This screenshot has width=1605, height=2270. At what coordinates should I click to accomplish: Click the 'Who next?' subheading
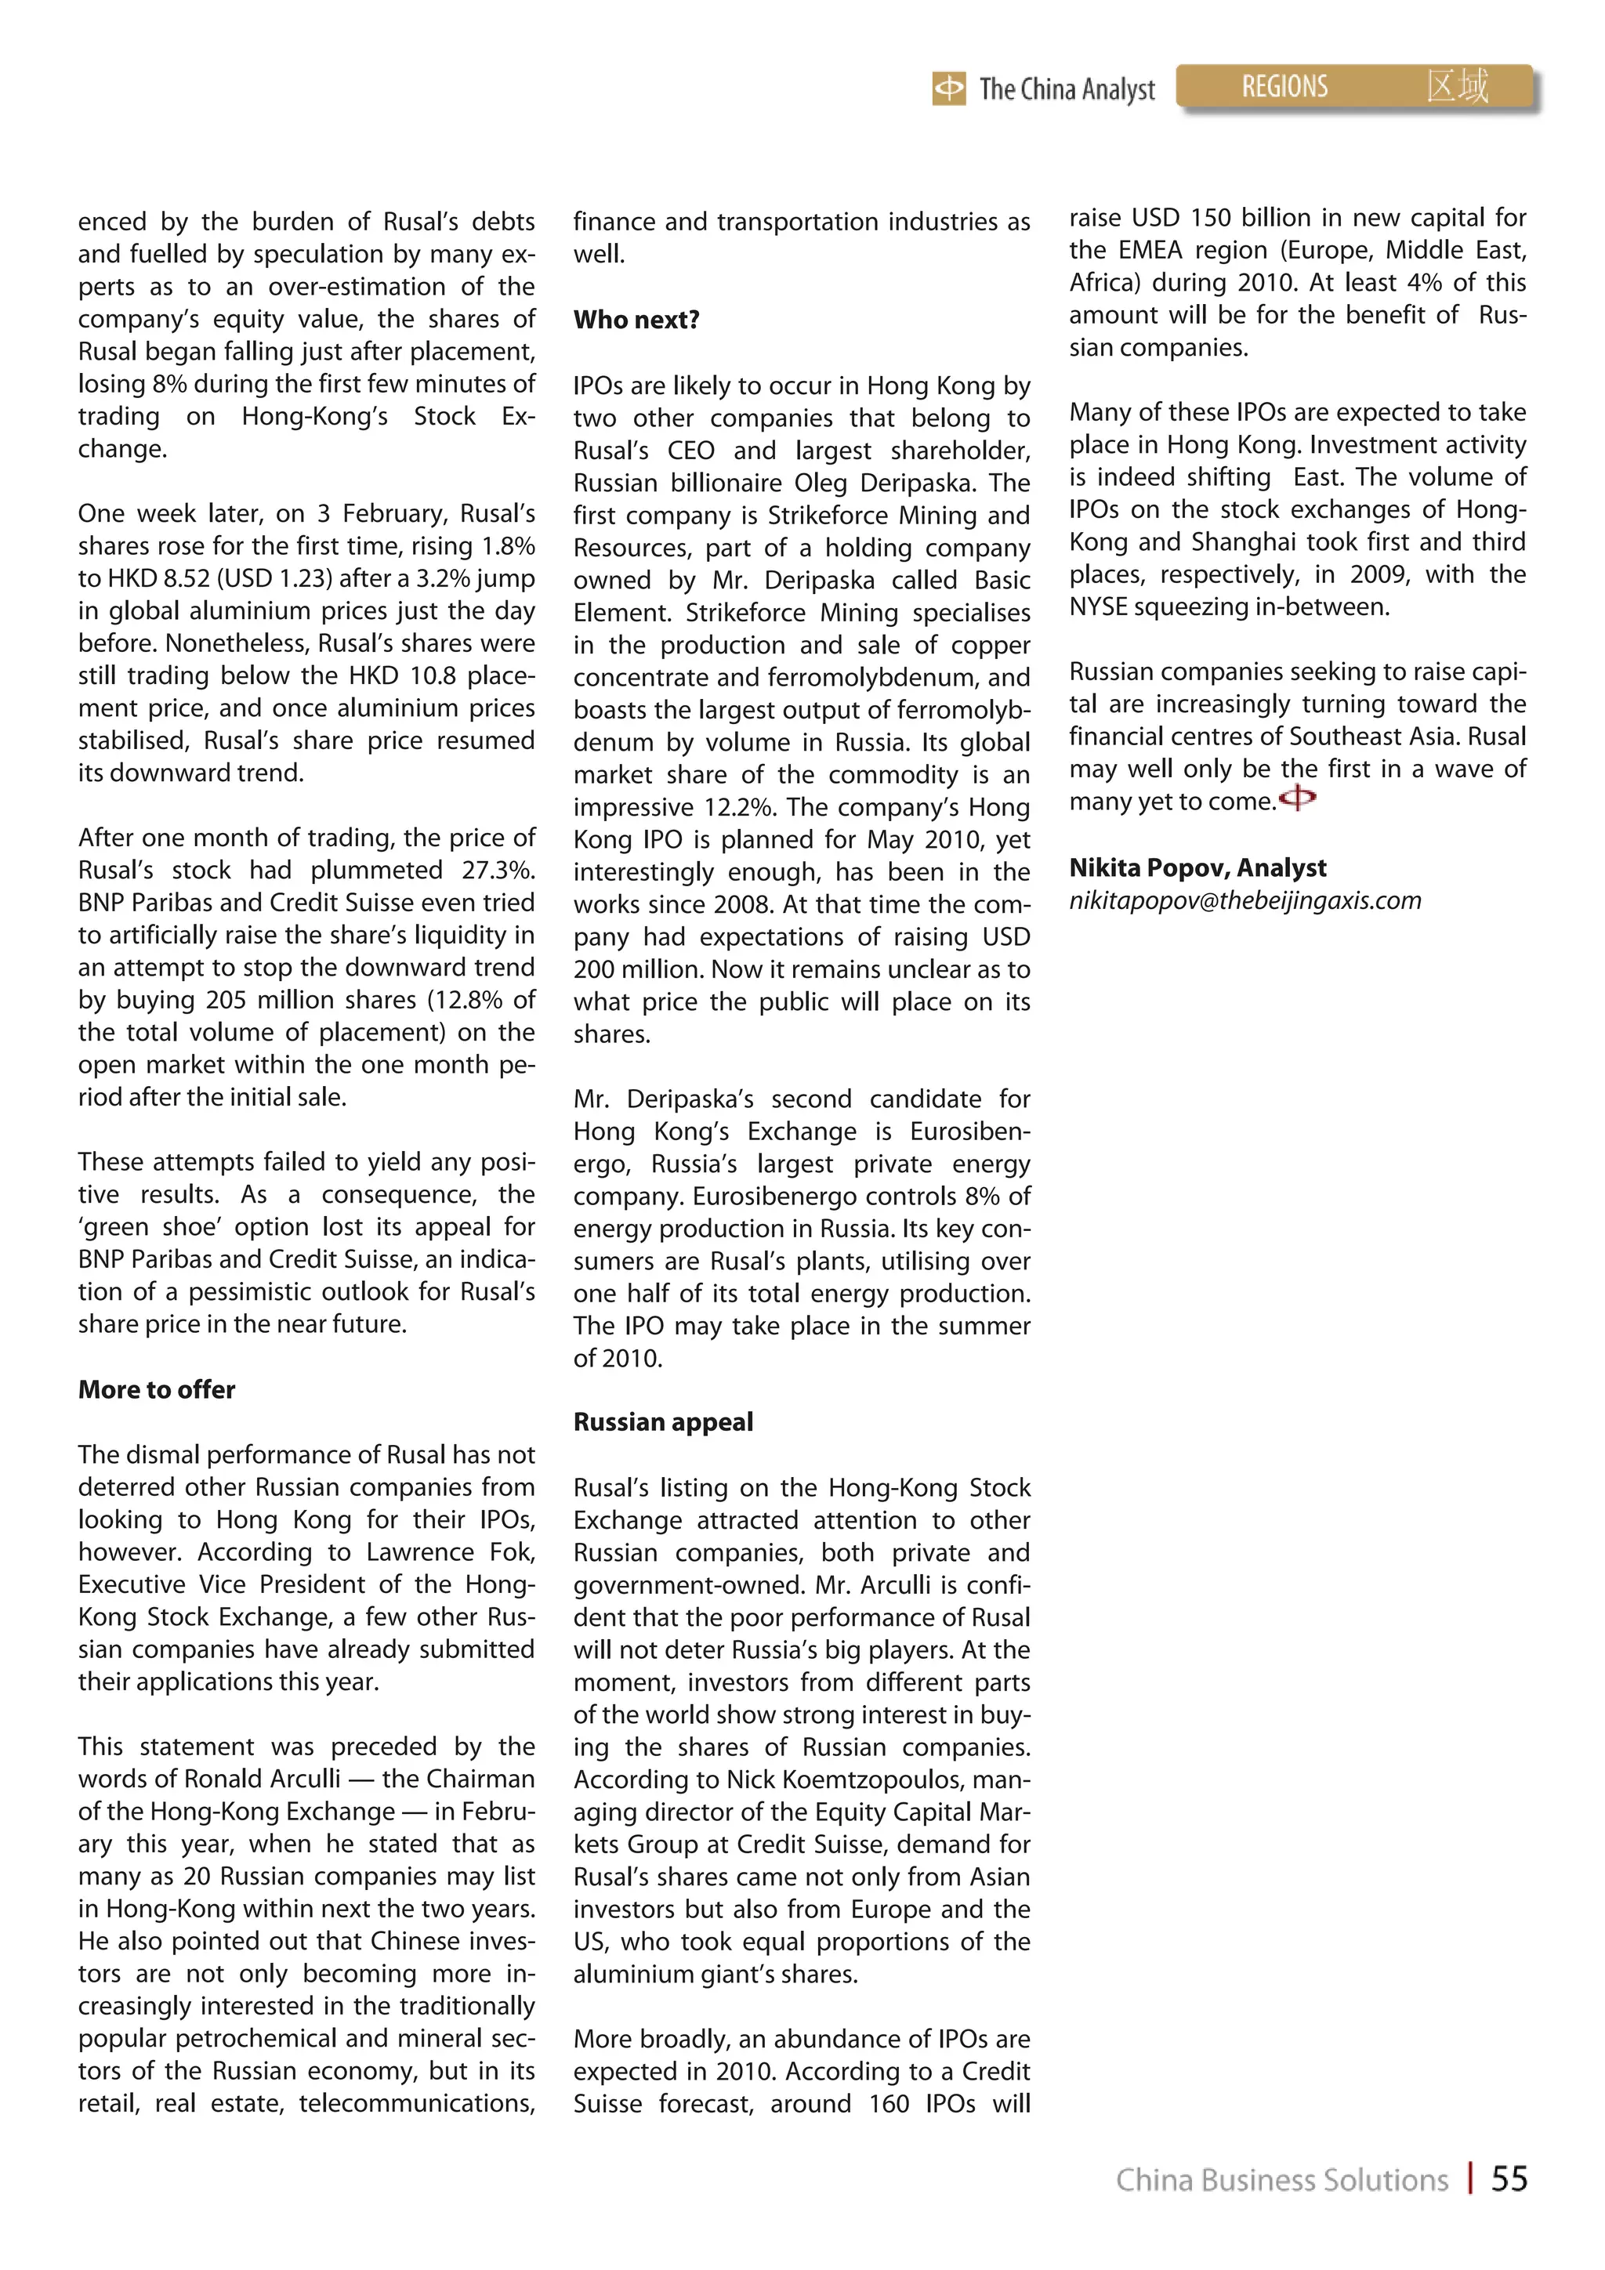636,320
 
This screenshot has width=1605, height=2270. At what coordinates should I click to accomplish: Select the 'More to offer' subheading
156,1389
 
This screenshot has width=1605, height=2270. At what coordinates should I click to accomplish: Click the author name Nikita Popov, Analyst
1197,867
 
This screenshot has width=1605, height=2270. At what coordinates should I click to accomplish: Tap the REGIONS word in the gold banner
1284,87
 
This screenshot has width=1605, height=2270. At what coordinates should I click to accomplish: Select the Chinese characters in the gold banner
1457,86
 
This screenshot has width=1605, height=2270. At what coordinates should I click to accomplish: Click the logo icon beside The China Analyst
948,89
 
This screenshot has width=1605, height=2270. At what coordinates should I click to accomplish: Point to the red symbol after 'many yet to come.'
1298,797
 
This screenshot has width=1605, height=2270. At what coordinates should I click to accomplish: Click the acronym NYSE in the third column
1098,607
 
